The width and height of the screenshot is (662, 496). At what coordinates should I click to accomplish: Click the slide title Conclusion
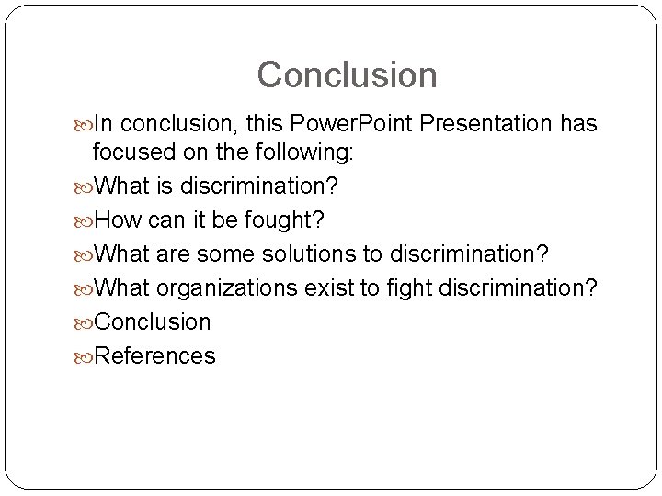[x=347, y=74]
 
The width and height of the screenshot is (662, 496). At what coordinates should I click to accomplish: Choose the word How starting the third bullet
[x=117, y=220]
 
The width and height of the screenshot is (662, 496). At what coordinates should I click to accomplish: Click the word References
[x=155, y=355]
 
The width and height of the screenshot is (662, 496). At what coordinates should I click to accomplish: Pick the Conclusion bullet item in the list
[x=153, y=322]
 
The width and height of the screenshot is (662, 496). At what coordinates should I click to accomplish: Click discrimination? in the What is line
[x=259, y=186]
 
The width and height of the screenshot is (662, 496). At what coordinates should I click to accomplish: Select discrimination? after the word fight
[x=518, y=288]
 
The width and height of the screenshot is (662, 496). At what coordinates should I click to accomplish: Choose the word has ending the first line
[x=576, y=124]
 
